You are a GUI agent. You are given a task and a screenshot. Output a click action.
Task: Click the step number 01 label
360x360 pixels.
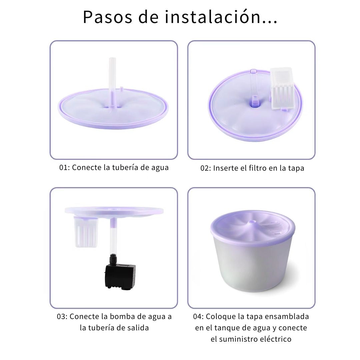coord(64,167)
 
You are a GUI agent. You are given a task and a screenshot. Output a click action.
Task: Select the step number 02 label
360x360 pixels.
coord(205,168)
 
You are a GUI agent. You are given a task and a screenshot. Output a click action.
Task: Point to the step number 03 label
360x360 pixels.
coord(62,317)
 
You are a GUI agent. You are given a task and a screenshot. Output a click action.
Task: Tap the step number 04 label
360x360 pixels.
coord(198,317)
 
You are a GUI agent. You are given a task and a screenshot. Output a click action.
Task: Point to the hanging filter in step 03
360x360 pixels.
coord(86,232)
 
